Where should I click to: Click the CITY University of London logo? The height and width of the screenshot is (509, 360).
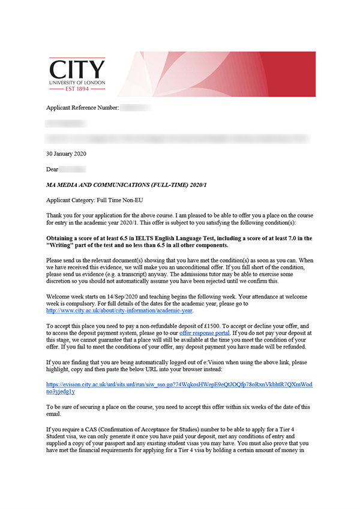tap(77, 74)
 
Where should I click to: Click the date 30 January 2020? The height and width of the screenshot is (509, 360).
tap(66, 153)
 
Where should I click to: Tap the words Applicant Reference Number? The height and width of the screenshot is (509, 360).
tap(82, 108)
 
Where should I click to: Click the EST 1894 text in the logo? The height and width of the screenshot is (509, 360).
tap(77, 88)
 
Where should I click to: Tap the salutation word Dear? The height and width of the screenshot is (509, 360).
tap(52, 169)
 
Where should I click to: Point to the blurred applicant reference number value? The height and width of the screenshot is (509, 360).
tap(136, 108)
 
